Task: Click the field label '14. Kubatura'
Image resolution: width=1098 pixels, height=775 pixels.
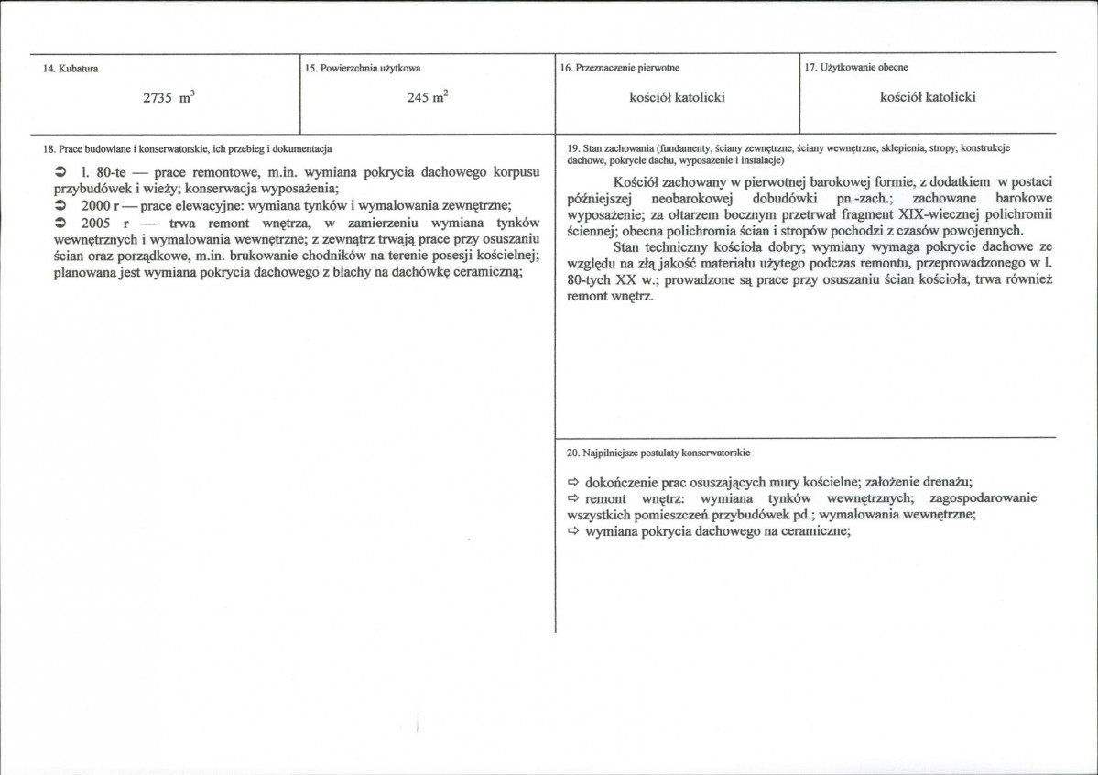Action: click(x=71, y=70)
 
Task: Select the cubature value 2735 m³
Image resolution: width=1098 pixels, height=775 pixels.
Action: click(x=169, y=99)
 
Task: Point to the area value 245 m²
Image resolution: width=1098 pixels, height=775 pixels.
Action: click(x=428, y=98)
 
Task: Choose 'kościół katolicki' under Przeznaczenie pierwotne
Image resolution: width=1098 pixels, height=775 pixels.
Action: click(x=677, y=97)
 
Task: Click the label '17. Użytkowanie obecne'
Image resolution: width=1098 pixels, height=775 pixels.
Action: click(x=856, y=68)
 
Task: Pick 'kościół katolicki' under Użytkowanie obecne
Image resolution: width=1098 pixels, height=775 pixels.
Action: click(x=927, y=97)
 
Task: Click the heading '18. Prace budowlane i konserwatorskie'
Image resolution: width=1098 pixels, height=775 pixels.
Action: click(x=187, y=147)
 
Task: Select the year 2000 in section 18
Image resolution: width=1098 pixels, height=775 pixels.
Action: click(x=96, y=204)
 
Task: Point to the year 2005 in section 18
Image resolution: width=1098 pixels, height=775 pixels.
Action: click(x=96, y=222)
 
